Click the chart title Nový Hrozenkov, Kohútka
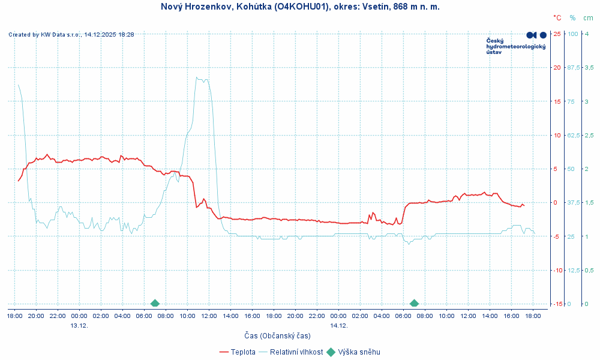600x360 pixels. click(x=300, y=7)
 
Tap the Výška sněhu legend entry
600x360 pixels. click(x=359, y=352)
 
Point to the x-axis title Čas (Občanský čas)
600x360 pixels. click(x=277, y=335)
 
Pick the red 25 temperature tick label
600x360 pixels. click(x=557, y=34)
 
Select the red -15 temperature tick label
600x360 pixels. click(x=556, y=304)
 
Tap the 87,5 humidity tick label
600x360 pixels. click(x=574, y=67)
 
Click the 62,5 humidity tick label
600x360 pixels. click(x=574, y=135)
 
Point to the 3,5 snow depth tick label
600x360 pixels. click(x=589, y=67)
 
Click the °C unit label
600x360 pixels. click(x=557, y=18)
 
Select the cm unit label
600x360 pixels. click(x=589, y=18)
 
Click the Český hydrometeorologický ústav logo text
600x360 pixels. click(x=515, y=46)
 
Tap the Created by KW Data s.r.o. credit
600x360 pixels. click(x=71, y=35)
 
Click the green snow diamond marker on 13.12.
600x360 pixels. click(x=155, y=304)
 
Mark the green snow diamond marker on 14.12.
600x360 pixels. click(x=414, y=304)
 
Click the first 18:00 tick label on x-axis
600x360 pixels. click(x=14, y=315)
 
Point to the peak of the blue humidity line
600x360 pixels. click(x=197, y=77)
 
